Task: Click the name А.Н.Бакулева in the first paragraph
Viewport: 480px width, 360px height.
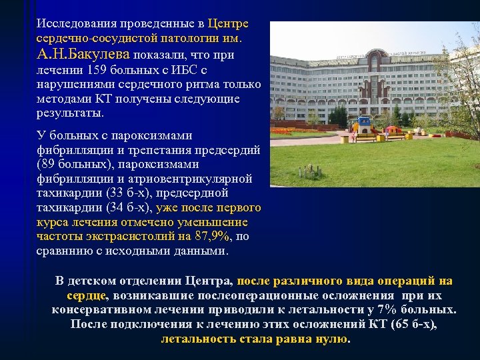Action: (84, 54)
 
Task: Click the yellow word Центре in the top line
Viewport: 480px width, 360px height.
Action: (228, 24)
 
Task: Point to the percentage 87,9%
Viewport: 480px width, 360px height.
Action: (212, 237)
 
